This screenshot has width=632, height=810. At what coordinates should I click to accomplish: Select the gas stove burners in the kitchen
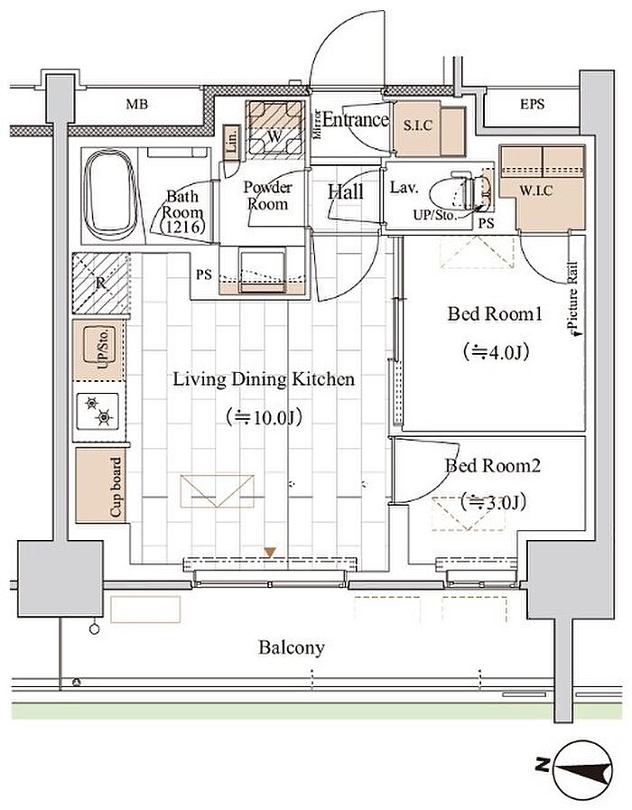point(100,412)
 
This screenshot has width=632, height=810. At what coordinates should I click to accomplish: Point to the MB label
point(136,105)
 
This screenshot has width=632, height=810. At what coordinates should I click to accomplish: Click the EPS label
point(532,105)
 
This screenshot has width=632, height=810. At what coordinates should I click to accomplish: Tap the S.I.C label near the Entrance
point(418,126)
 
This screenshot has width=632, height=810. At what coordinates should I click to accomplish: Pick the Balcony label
point(292,647)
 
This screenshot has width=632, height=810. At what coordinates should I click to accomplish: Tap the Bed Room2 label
point(492,466)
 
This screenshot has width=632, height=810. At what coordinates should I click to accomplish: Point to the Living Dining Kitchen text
point(264,379)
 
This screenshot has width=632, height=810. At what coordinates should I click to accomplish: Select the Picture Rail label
point(573,307)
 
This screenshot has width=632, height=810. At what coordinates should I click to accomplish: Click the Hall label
point(345,192)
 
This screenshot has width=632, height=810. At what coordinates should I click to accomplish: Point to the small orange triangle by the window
point(268,551)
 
